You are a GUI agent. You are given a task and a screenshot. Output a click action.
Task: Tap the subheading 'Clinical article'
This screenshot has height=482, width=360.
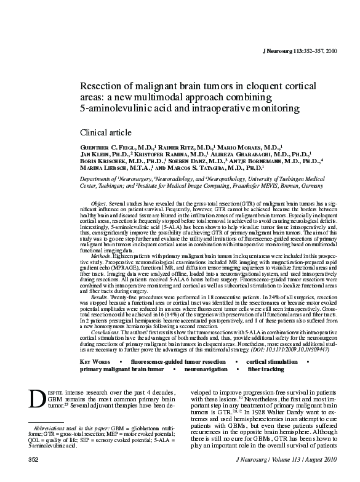pos(106,132)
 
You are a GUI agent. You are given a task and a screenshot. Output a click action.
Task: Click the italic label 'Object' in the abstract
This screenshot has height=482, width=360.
pos(98,203)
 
